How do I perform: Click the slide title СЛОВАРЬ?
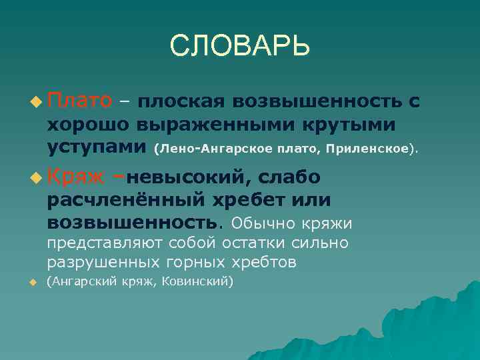coord(240,46)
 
